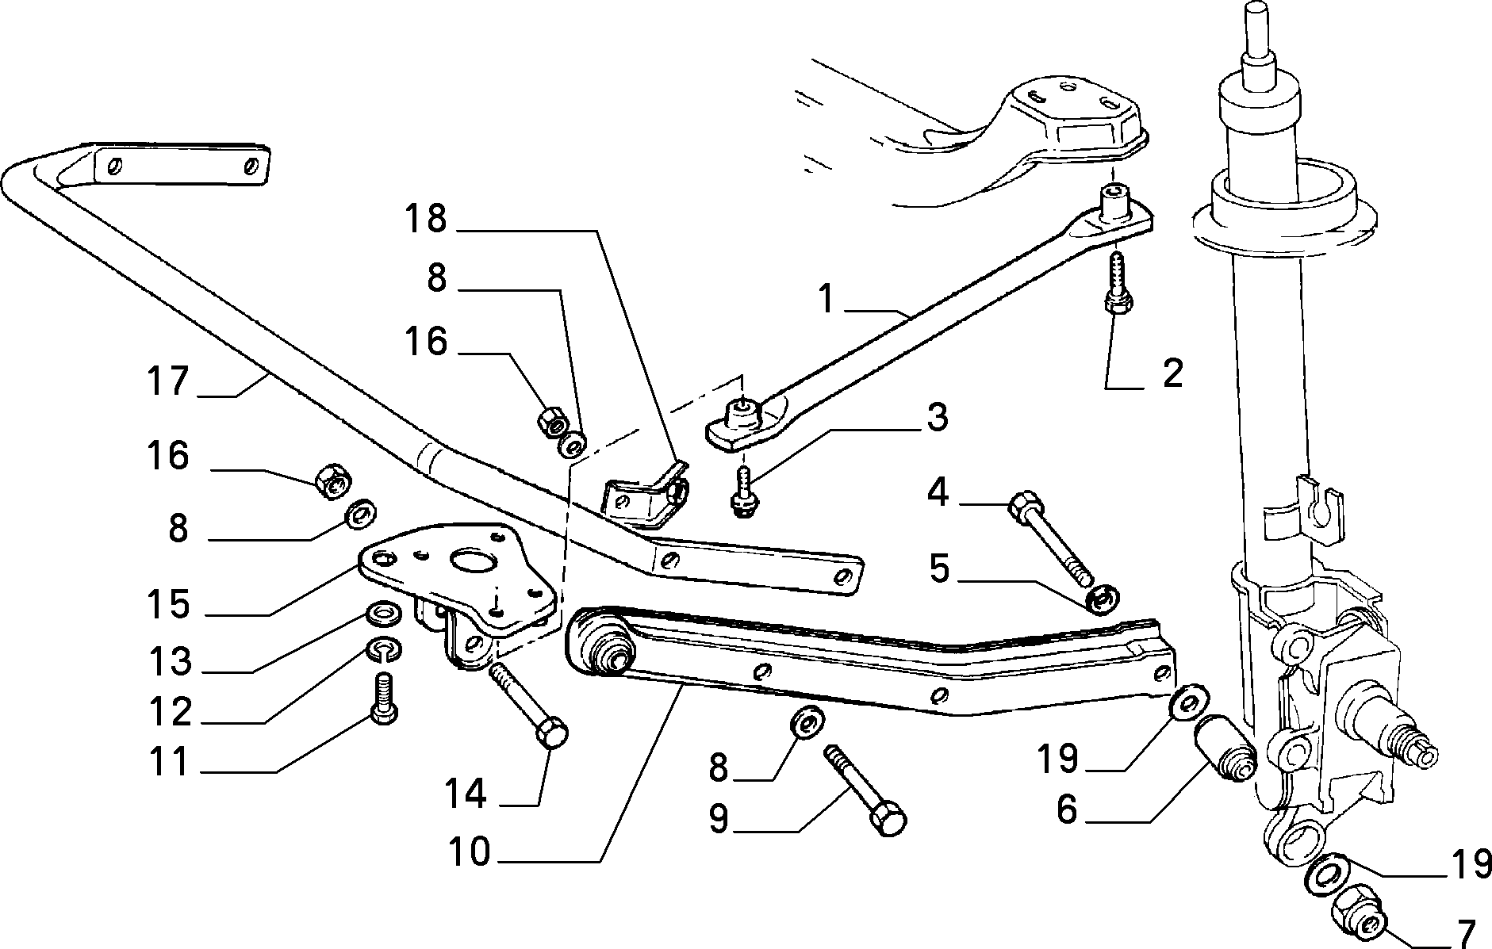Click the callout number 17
(x=168, y=381)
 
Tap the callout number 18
(x=426, y=219)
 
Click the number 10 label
(x=470, y=853)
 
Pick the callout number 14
(x=466, y=794)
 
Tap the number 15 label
(x=168, y=604)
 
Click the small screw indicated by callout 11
(x=384, y=697)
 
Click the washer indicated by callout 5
(x=1101, y=599)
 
